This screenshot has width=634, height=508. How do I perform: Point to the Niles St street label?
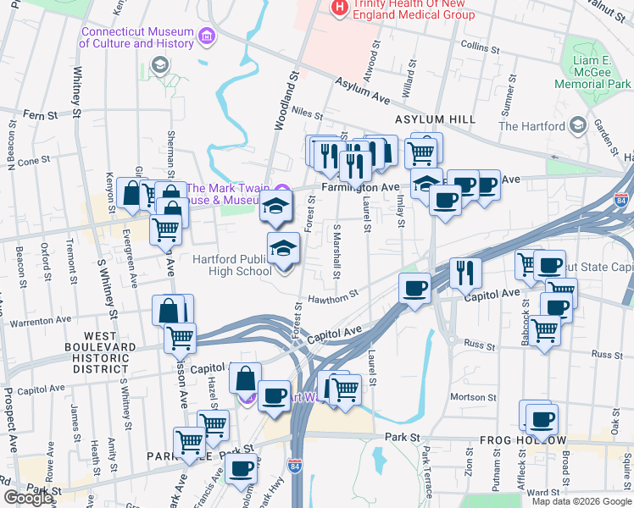coord(307,113)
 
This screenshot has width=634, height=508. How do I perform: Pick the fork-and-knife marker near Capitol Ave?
coord(465,272)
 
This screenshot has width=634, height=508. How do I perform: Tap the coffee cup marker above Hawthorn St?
coord(414,290)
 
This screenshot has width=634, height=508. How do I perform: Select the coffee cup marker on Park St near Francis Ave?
coord(242,467)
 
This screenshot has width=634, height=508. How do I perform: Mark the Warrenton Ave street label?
coord(41,321)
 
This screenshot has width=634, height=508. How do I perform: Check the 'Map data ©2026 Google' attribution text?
coord(581,500)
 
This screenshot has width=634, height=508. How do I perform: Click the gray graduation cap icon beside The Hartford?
coord(578,125)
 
